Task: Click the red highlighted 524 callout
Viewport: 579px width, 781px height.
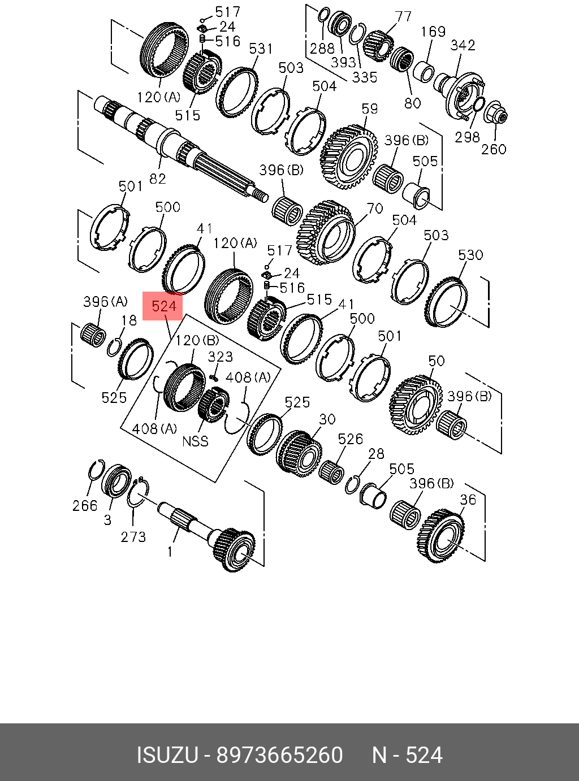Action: click(x=163, y=306)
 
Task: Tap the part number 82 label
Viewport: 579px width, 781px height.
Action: click(x=157, y=179)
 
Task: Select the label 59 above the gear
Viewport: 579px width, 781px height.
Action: click(x=370, y=108)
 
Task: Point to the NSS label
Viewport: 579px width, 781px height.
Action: click(x=195, y=441)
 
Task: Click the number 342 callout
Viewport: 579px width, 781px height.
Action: click(x=463, y=45)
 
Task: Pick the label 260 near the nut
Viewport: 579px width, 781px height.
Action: click(x=494, y=149)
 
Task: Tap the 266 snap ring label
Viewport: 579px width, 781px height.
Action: click(x=85, y=506)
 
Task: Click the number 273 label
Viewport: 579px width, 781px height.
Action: click(x=133, y=536)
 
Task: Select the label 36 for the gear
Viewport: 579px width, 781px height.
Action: click(x=468, y=500)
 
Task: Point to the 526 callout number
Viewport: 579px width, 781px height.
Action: click(x=350, y=439)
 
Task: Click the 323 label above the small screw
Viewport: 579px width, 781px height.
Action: click(x=220, y=357)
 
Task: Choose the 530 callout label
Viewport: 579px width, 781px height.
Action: click(x=470, y=255)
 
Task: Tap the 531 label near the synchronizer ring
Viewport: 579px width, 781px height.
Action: click(x=261, y=49)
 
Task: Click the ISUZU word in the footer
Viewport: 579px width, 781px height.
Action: click(x=167, y=756)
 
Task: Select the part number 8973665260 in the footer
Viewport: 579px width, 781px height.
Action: click(x=280, y=756)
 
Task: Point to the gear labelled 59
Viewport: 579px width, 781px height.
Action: click(x=348, y=156)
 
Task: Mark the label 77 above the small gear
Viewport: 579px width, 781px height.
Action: click(x=403, y=16)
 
